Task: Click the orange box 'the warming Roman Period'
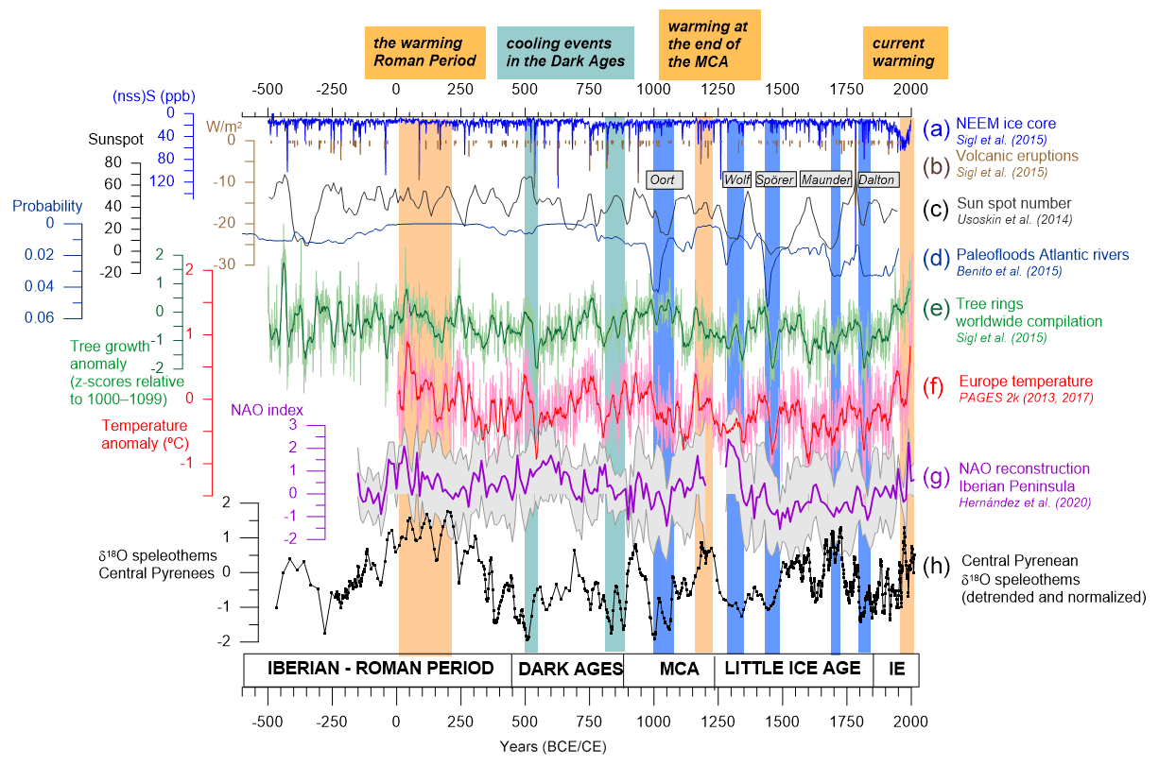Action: (x=424, y=52)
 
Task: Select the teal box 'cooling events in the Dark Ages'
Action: (x=565, y=52)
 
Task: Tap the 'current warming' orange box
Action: (x=906, y=52)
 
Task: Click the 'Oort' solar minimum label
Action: (x=664, y=179)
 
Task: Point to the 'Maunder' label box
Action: (x=825, y=179)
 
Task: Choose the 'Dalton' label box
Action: (x=877, y=179)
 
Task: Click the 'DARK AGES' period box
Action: (x=567, y=669)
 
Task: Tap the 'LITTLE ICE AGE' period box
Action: (x=793, y=669)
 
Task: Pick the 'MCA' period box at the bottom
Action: (x=679, y=669)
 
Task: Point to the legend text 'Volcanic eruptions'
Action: (x=1016, y=156)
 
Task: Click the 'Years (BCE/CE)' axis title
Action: (x=553, y=745)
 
